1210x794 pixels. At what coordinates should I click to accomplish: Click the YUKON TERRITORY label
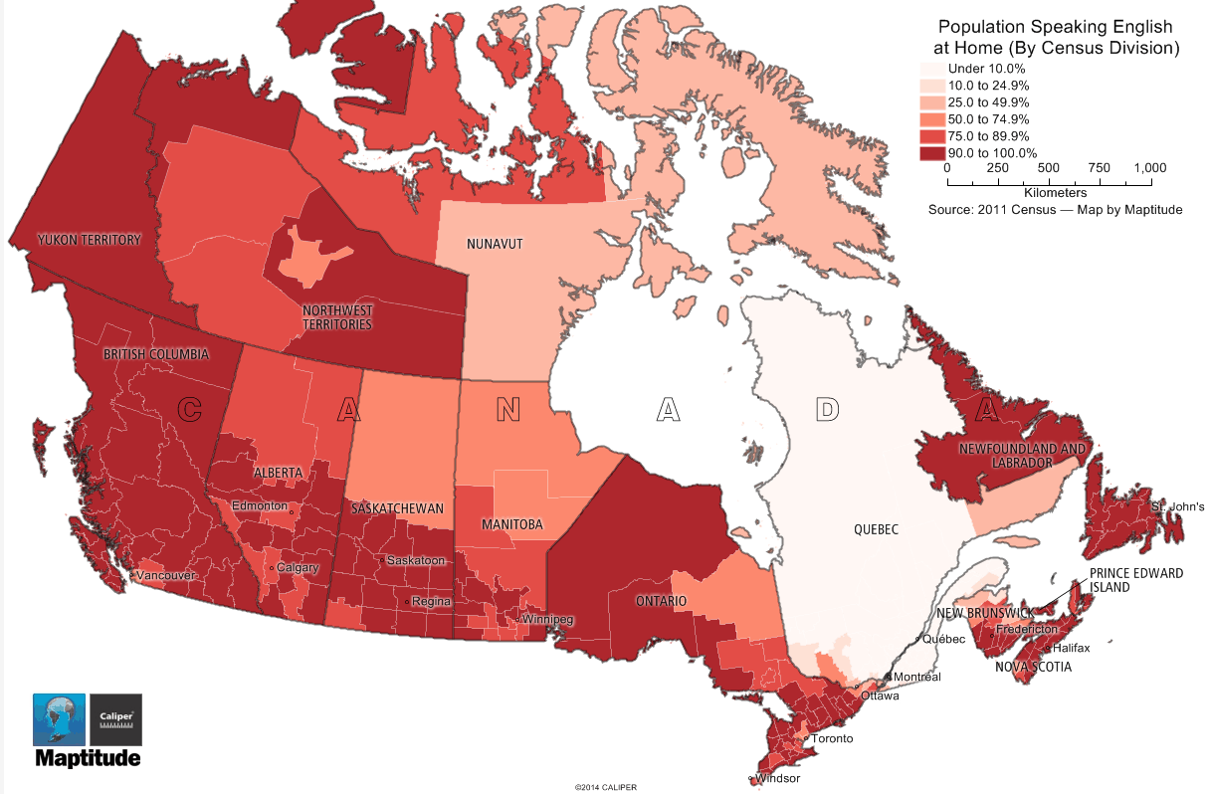click(x=90, y=240)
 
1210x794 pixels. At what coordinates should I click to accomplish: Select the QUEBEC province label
click(x=876, y=529)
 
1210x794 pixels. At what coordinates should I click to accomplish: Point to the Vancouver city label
click(x=167, y=575)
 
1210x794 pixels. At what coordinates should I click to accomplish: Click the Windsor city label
click(x=777, y=778)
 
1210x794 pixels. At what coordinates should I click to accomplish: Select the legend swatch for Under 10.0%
click(x=930, y=69)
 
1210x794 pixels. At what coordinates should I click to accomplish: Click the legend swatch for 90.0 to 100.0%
click(x=930, y=153)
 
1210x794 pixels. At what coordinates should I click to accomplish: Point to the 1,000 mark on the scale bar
click(x=1149, y=169)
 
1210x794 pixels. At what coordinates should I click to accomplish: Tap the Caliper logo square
click(x=115, y=719)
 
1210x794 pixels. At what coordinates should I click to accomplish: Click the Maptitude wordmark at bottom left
click(x=88, y=759)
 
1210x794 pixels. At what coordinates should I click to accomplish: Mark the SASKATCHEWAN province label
click(x=397, y=508)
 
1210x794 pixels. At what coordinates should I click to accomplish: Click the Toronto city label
click(x=832, y=739)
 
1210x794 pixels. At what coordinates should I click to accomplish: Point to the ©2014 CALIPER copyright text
click(x=604, y=787)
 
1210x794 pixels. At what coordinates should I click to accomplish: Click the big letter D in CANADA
click(x=826, y=408)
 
